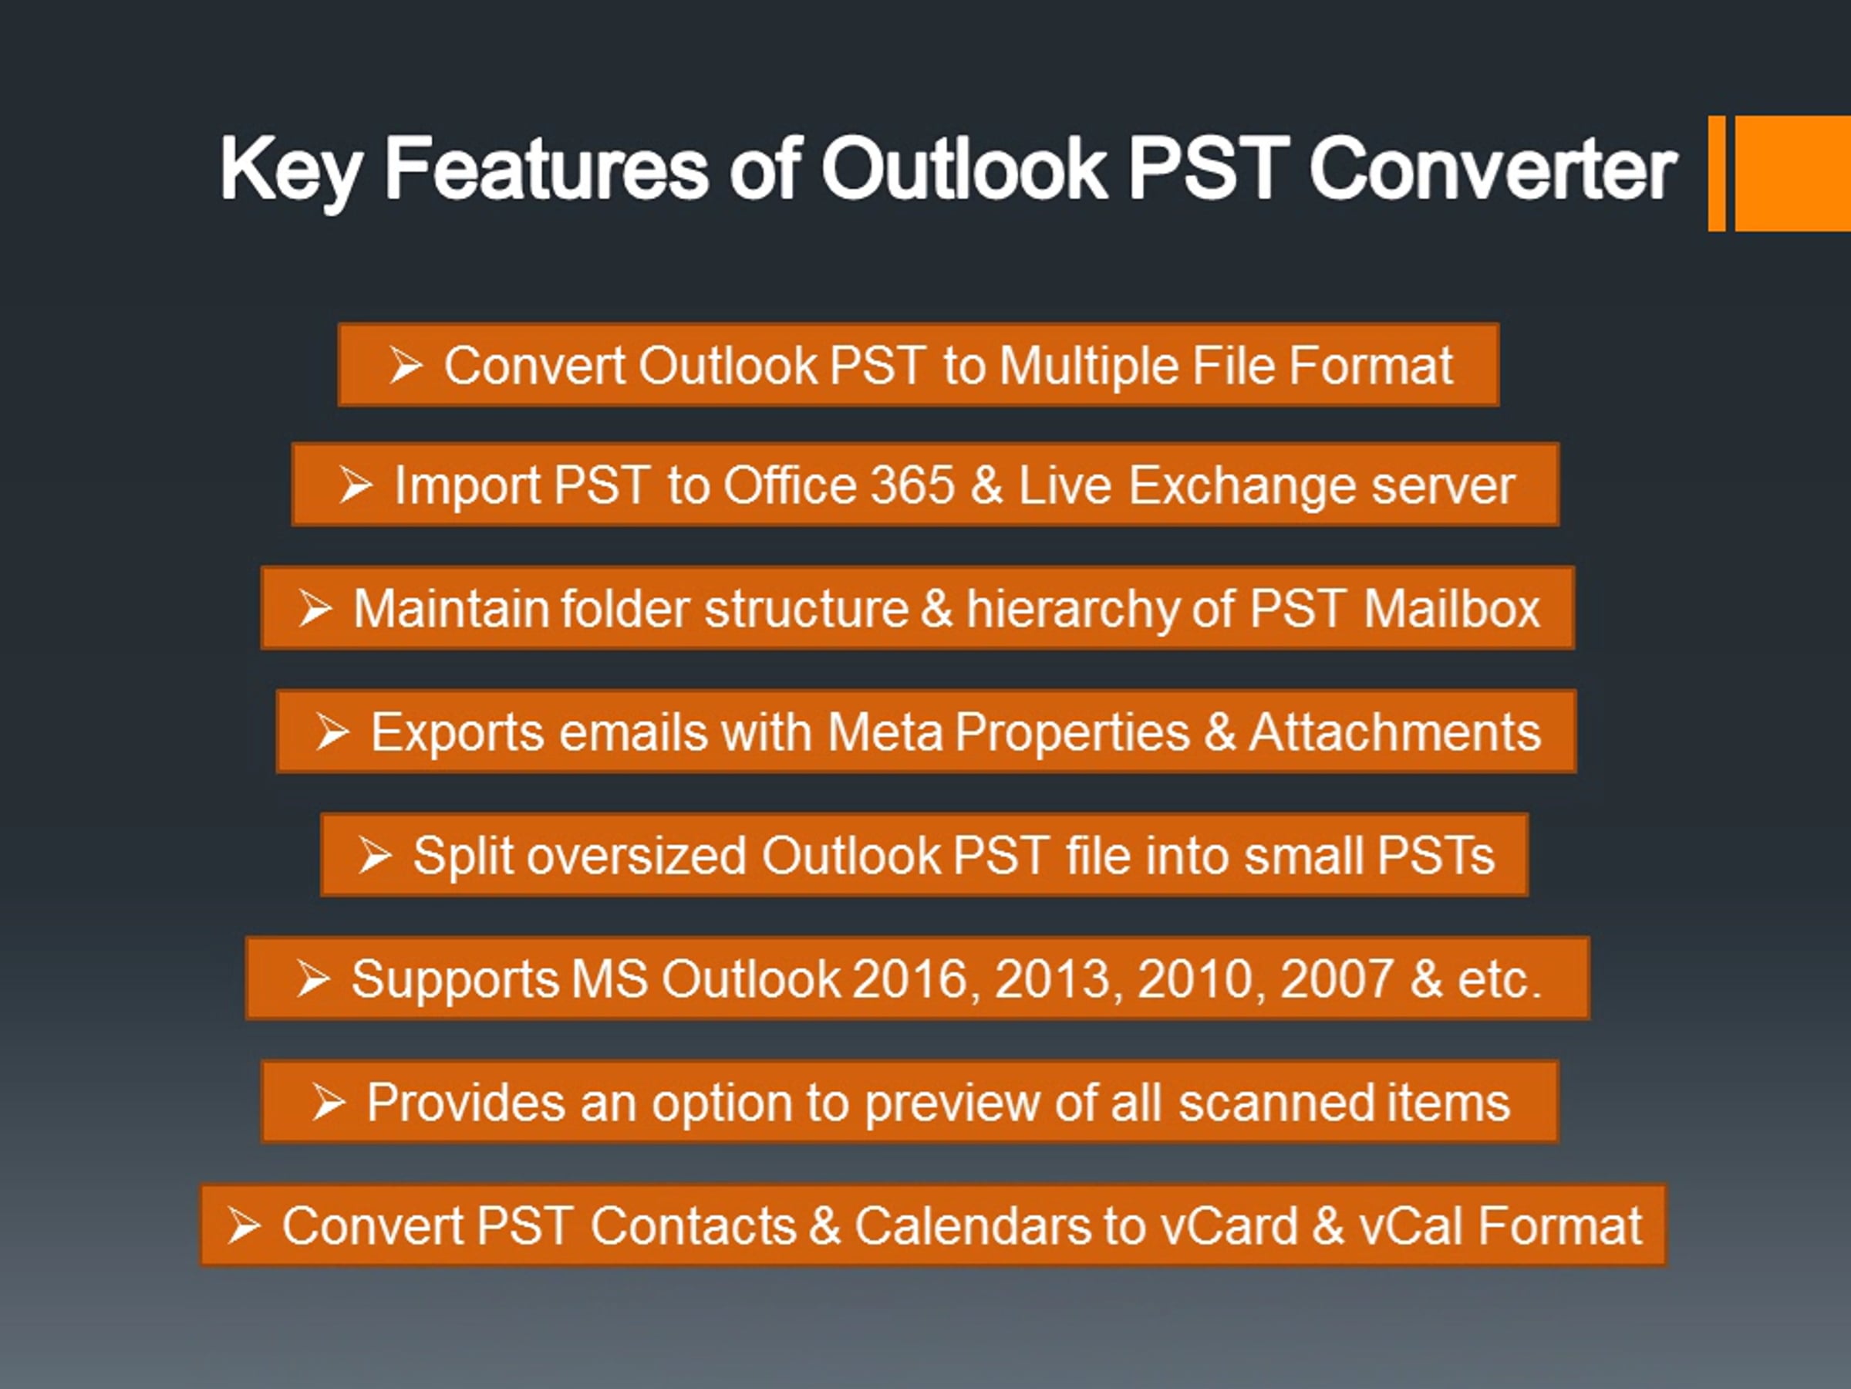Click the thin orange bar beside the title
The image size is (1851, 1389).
pyautogui.click(x=1716, y=174)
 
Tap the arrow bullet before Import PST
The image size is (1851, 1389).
pyautogui.click(x=356, y=485)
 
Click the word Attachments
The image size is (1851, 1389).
pyautogui.click(x=1394, y=732)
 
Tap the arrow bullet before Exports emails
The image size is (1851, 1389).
pyautogui.click(x=332, y=732)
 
